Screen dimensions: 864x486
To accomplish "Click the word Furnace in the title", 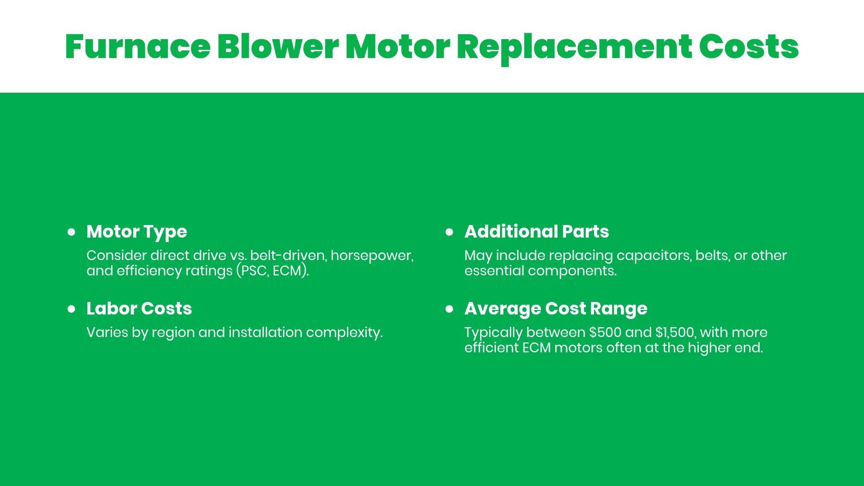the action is pos(138,46).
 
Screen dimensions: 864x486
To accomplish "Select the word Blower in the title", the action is pos(278,46).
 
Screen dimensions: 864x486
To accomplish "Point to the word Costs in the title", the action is pos(749,47).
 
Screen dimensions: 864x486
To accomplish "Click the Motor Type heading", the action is pos(137,232).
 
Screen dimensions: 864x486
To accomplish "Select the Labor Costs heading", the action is pos(139,309).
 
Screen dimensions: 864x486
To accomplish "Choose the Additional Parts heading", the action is pos(536,232).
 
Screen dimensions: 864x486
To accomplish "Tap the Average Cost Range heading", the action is pos(556,309).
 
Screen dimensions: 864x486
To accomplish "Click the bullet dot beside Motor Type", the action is pos(71,232).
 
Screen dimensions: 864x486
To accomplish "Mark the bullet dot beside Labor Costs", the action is pos(71,309).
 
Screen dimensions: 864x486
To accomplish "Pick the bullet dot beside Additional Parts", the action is pos(449,232).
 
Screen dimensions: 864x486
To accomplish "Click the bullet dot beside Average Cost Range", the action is pos(449,309).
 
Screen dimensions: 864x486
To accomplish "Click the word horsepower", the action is pos(372,256).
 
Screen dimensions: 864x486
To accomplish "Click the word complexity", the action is pos(344,333).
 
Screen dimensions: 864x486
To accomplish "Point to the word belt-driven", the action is pos(288,256).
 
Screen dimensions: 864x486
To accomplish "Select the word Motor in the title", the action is pos(398,47).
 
